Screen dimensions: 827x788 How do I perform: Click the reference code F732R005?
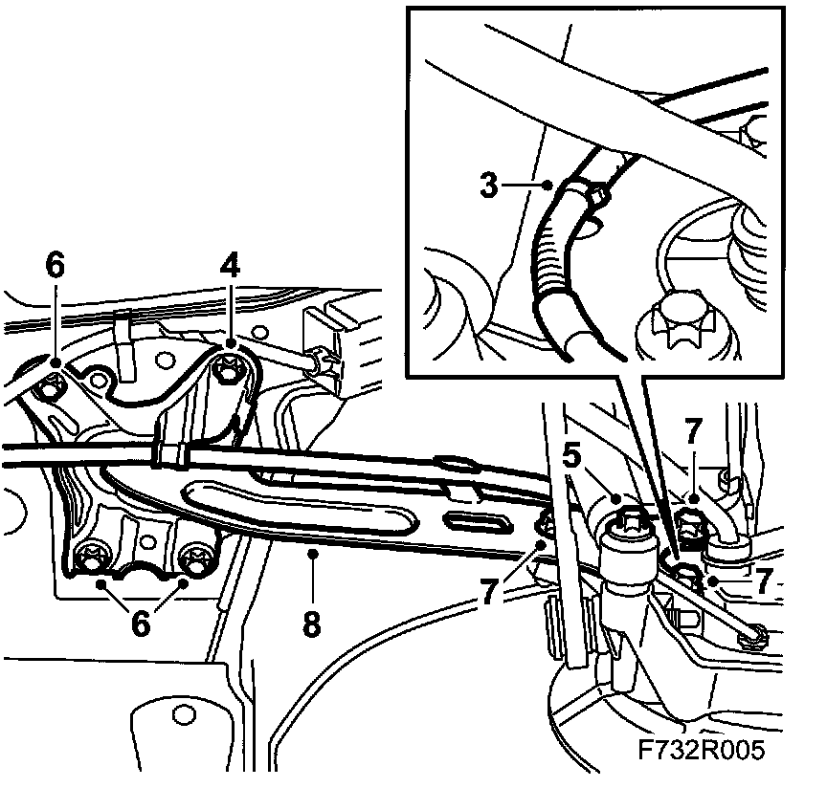tap(702, 751)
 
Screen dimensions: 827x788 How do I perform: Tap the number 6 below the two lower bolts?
tap(141, 623)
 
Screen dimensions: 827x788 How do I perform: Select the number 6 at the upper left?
tap(55, 266)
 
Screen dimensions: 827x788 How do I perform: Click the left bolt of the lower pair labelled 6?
tap(96, 558)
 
